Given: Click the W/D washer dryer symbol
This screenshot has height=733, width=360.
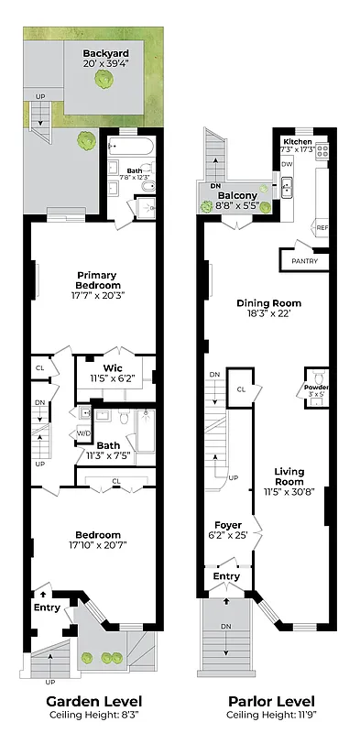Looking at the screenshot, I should pyautogui.click(x=82, y=433).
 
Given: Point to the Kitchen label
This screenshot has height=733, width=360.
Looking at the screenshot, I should pyautogui.click(x=298, y=142).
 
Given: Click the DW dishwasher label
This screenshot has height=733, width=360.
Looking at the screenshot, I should pyautogui.click(x=287, y=164).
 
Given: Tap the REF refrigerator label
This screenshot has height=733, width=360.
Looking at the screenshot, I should pyautogui.click(x=322, y=227).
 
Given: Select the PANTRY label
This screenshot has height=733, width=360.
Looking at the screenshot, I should pyautogui.click(x=303, y=261).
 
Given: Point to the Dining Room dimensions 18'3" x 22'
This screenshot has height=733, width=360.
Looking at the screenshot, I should pyautogui.click(x=268, y=314).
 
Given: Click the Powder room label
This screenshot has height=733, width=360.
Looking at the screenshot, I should pyautogui.click(x=317, y=388).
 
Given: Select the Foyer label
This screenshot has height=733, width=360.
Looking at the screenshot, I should pyautogui.click(x=228, y=525).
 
